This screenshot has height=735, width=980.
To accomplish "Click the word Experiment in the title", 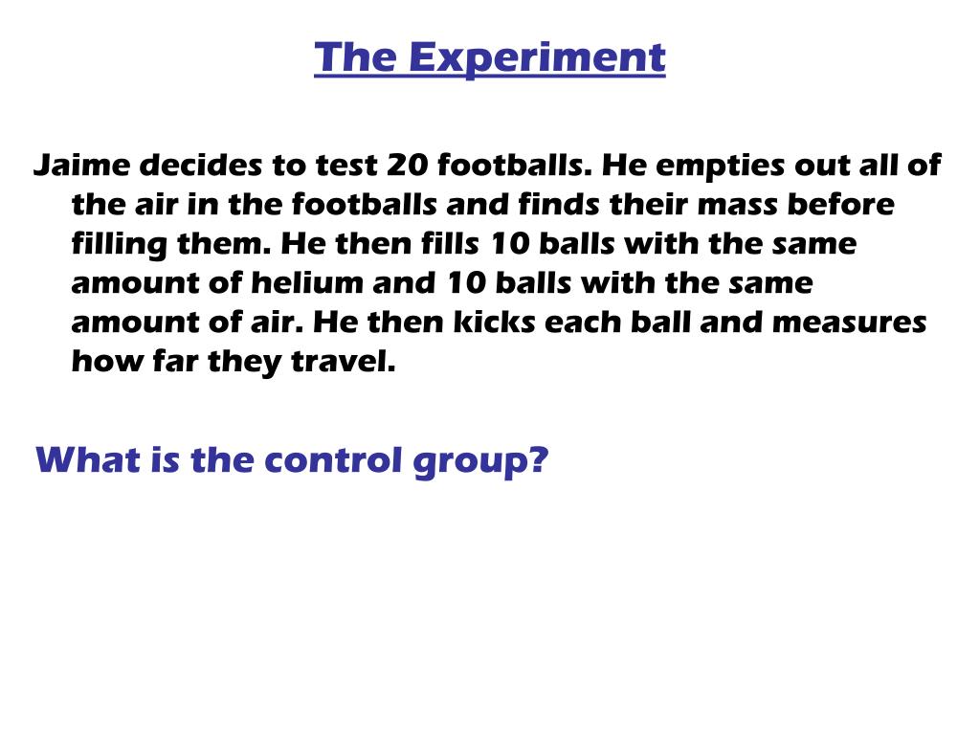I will point(536,58).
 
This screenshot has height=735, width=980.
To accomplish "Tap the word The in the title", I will point(354,58).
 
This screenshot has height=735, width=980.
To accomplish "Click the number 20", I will point(408,166).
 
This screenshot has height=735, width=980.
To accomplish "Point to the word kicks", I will point(497,323).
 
